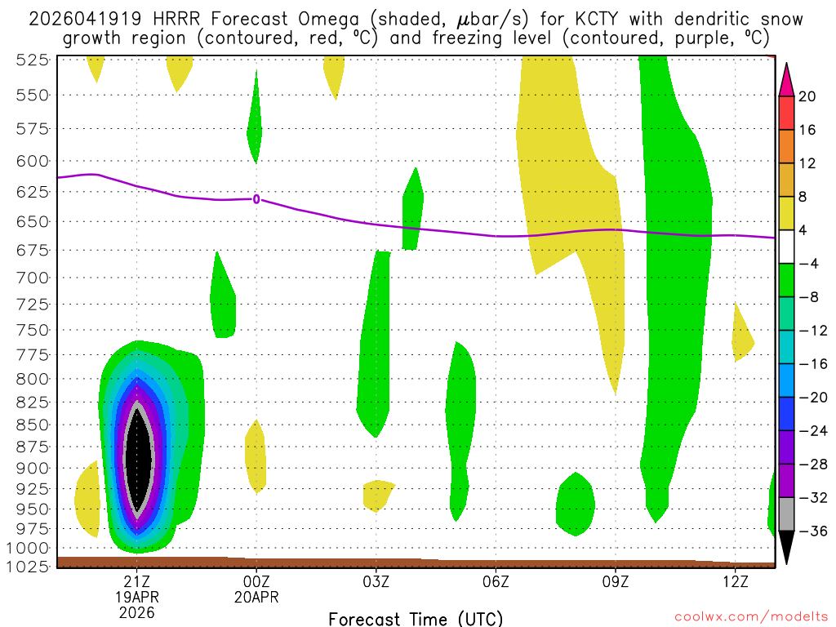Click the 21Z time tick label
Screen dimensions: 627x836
(136, 581)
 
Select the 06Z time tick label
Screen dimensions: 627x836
(496, 581)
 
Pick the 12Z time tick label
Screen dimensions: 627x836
(735, 581)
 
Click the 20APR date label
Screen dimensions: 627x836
(256, 597)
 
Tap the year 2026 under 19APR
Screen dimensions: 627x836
(136, 612)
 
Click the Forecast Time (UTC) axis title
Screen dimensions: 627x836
(416, 618)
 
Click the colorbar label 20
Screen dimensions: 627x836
(807, 96)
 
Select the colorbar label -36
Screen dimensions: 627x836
(812, 531)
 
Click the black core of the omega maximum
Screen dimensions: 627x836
(140, 461)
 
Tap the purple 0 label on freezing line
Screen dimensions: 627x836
(256, 198)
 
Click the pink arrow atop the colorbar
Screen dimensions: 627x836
(786, 80)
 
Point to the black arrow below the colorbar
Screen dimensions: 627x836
(786, 547)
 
